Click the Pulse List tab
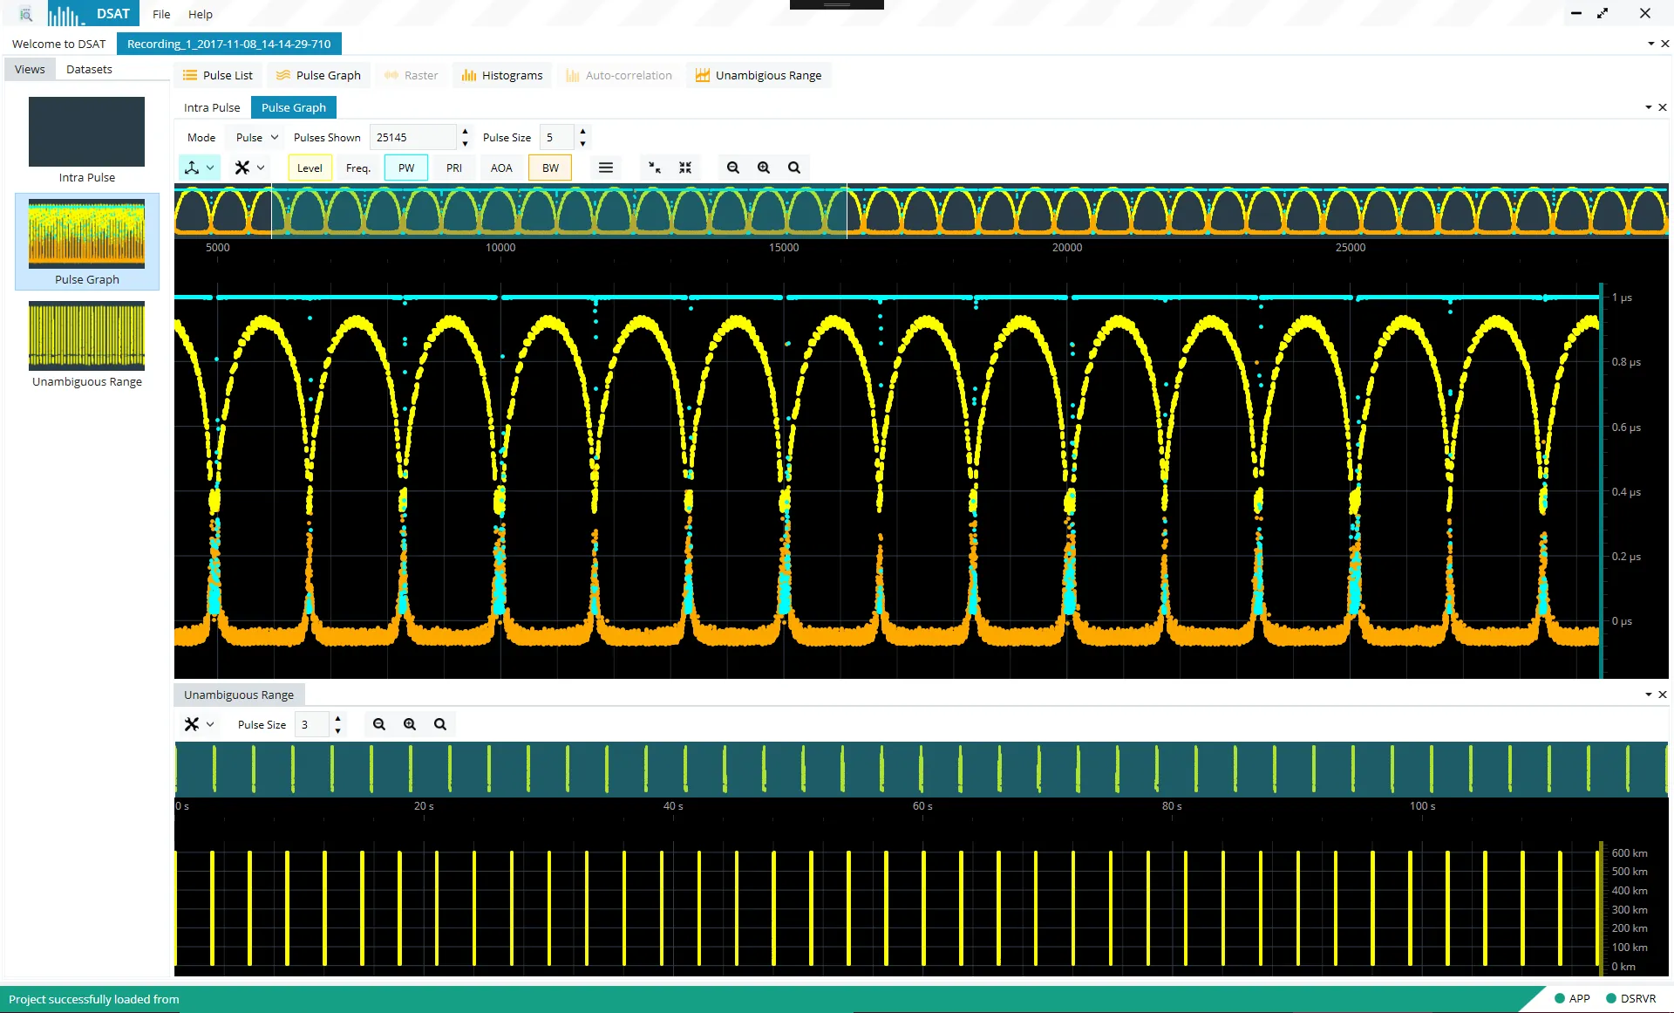pyautogui.click(x=218, y=75)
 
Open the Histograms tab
pyautogui.click(x=502, y=75)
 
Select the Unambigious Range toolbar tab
pyautogui.click(x=759, y=75)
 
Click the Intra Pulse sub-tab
pyautogui.click(x=212, y=107)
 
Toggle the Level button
pyautogui.click(x=310, y=168)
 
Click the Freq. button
pyautogui.click(x=358, y=168)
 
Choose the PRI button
pyautogui.click(x=454, y=168)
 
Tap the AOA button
pyautogui.click(x=501, y=168)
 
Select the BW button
pyautogui.click(x=550, y=168)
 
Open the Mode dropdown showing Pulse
pyautogui.click(x=257, y=137)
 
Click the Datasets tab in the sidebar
pyautogui.click(x=89, y=69)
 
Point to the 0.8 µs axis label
pyautogui.click(x=1626, y=362)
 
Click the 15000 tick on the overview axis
pyautogui.click(x=784, y=248)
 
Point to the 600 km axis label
pyautogui.click(x=1630, y=853)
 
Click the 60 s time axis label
pyautogui.click(x=922, y=806)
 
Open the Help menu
pyautogui.click(x=201, y=14)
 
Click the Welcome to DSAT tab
pyautogui.click(x=59, y=44)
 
